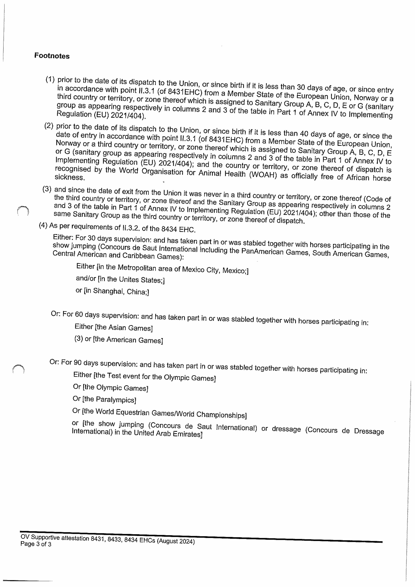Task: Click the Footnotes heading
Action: (52, 56)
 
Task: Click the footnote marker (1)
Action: (50, 79)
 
